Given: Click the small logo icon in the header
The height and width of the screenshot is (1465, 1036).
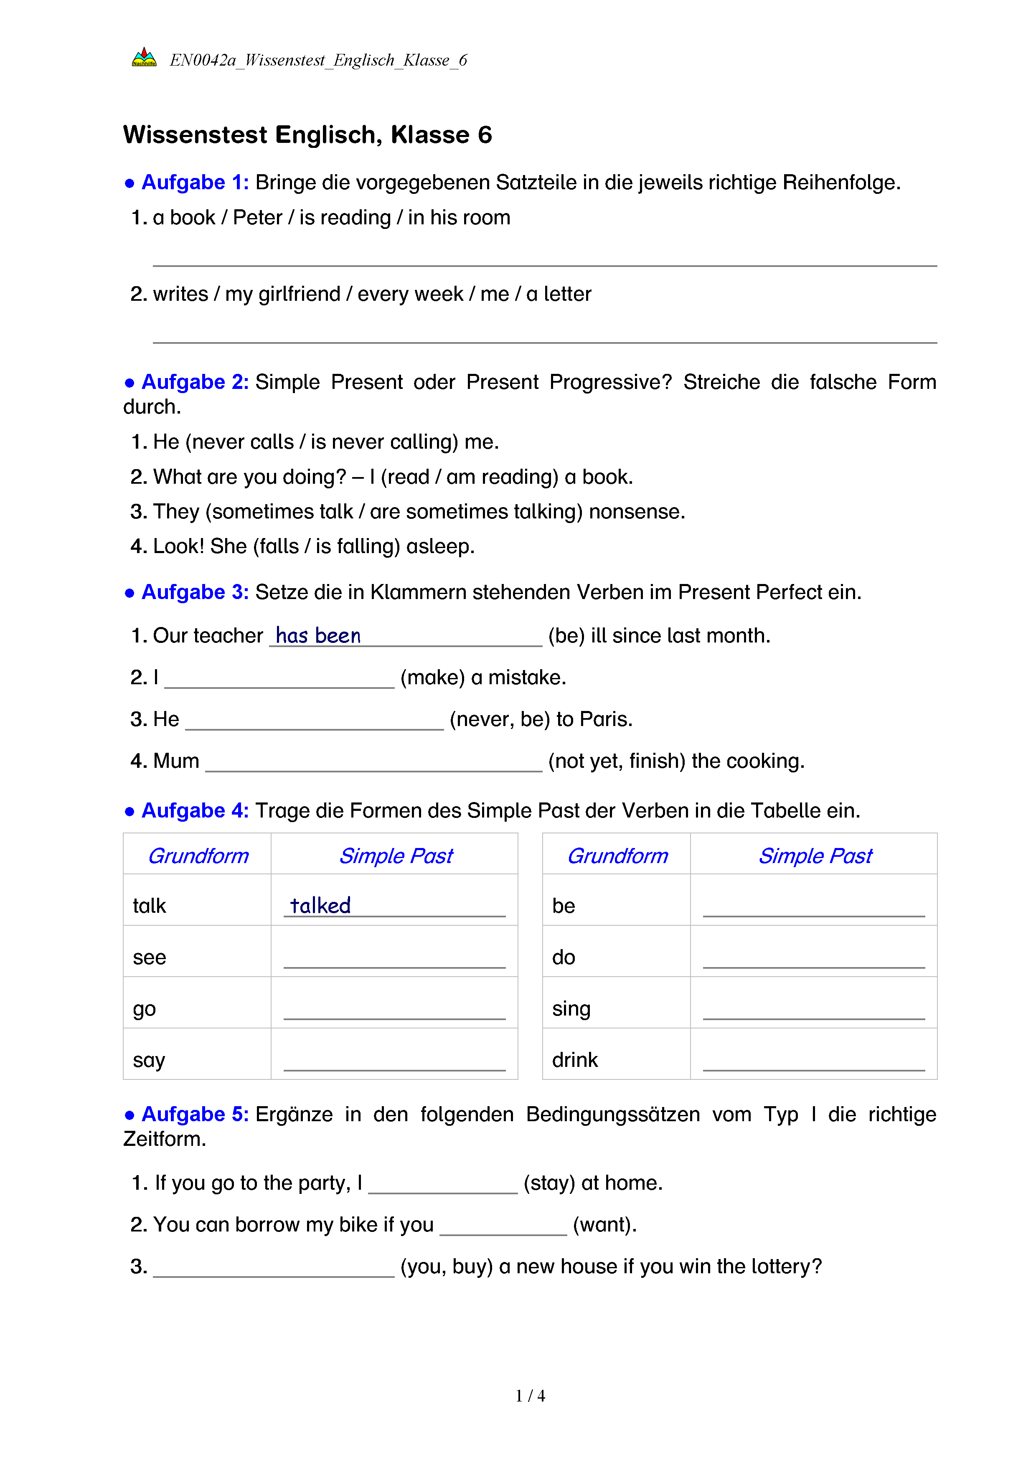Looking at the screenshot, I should [144, 58].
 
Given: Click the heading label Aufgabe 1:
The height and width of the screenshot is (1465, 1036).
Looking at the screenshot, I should [195, 183].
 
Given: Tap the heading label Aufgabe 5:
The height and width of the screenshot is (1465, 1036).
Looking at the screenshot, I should [195, 1114].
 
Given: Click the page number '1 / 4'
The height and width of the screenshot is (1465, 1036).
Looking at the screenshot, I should [530, 1396].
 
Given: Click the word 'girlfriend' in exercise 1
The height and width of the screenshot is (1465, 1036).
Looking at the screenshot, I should [299, 294].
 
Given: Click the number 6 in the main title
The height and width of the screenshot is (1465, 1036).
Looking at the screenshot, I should [485, 135].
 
